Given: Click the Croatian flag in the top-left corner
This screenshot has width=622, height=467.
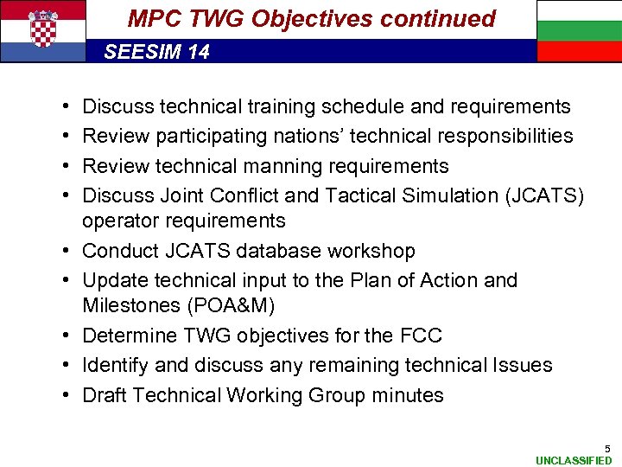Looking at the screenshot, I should point(43,30).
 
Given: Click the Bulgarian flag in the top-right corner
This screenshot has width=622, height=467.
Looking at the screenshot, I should point(579,30).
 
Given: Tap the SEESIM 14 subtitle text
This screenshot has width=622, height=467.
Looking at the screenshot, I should point(156,52).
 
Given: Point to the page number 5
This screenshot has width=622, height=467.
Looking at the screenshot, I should point(607,449).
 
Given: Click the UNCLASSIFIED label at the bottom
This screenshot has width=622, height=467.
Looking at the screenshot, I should point(574,461).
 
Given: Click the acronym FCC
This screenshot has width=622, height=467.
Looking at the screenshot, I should point(426,336).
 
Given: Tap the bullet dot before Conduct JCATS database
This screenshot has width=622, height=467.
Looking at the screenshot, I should point(67,251).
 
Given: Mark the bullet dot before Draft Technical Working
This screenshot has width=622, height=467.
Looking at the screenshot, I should point(67,395).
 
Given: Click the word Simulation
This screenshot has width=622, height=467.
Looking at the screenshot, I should point(449,195).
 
